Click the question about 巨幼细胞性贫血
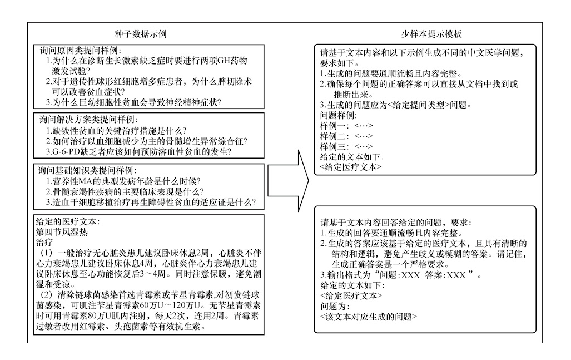pos(133,102)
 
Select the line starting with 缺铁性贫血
pos(117,131)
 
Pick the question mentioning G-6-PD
pos(139,152)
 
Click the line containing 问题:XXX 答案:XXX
pos(400,274)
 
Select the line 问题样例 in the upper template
pos(339,115)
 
